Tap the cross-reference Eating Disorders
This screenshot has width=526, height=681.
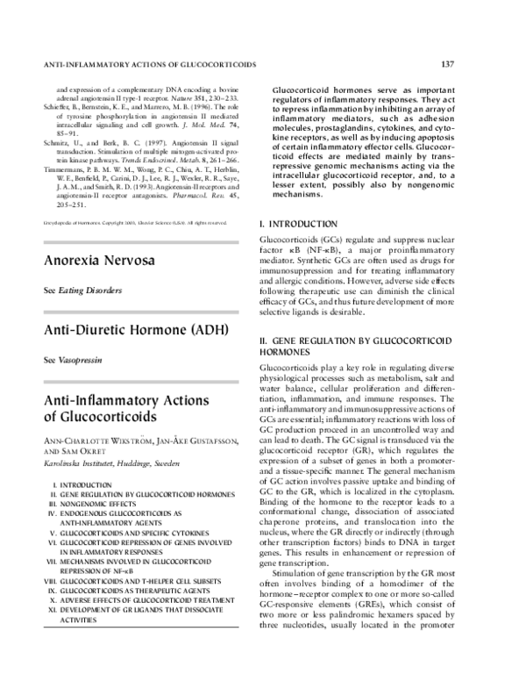point(91,290)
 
